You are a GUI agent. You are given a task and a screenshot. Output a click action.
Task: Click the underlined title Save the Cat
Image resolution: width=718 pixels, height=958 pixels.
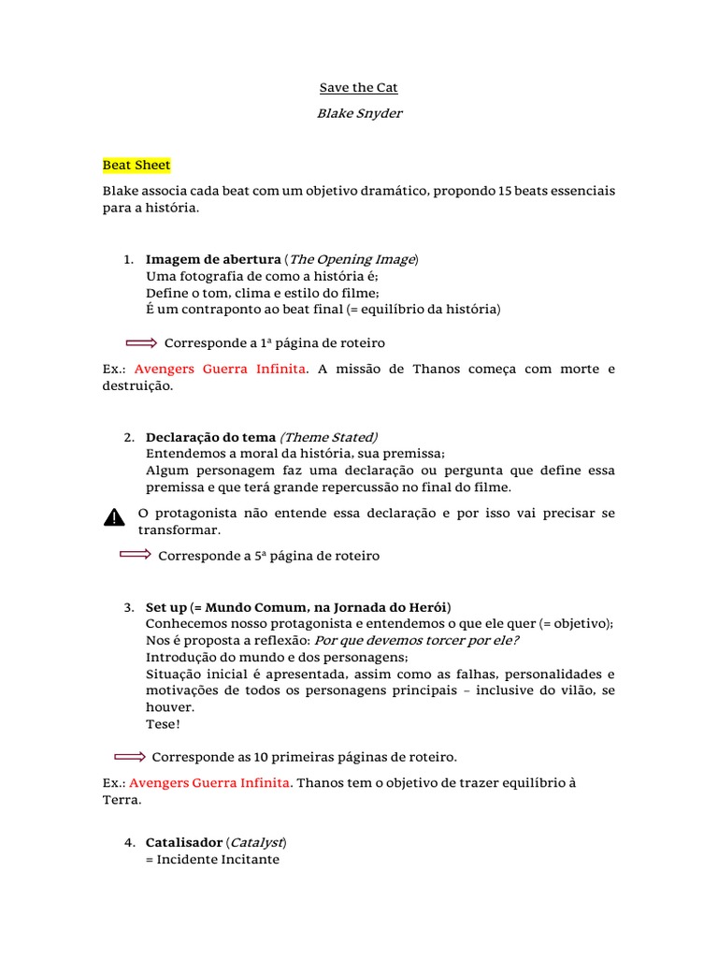(359, 88)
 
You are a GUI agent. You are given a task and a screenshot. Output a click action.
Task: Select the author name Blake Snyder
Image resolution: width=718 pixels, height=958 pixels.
(359, 113)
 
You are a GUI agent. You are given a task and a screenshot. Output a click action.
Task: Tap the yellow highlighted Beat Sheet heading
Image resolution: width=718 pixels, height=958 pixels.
(136, 166)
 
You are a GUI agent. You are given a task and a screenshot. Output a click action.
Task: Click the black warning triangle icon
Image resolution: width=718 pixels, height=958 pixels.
(113, 517)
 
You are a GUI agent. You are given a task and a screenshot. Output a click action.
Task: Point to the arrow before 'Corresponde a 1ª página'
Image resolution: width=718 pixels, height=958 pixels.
(142, 343)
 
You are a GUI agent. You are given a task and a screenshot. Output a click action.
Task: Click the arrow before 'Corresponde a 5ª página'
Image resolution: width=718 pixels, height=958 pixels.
(136, 556)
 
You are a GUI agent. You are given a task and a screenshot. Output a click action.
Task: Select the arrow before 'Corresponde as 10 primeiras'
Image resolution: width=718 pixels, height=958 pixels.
(130, 756)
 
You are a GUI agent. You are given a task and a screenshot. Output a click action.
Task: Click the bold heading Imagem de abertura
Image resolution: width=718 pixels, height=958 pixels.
(213, 259)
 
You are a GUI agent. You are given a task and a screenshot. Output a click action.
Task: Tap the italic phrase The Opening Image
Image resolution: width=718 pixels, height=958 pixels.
(352, 259)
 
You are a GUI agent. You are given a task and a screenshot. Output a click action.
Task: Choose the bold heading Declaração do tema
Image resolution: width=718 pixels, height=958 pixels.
(210, 437)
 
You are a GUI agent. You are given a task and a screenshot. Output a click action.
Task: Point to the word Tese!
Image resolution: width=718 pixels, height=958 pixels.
(164, 724)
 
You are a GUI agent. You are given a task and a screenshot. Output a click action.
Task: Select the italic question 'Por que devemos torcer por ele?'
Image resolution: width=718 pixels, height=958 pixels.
(416, 640)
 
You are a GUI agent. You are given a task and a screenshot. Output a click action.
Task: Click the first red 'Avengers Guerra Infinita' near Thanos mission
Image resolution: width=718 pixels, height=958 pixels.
(220, 370)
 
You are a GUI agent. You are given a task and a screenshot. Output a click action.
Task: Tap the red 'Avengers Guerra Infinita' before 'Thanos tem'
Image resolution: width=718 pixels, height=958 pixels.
(210, 782)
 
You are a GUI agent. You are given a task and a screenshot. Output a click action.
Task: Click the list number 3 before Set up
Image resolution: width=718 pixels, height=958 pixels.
(129, 608)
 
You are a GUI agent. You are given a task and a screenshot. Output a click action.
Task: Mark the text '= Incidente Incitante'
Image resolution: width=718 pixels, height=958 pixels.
(212, 859)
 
